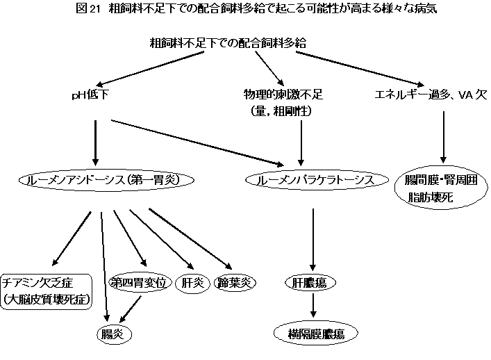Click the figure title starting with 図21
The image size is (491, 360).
coord(245,9)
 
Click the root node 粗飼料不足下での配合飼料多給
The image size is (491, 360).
coord(228,43)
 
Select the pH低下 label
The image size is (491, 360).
coord(92,94)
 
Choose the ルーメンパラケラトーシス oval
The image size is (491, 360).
coord(315,180)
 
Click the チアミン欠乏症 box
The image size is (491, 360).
coord(47,291)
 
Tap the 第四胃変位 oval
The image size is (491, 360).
coord(138,283)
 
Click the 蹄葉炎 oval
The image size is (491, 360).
coord(235,283)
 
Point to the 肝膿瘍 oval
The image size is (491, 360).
coord(310,283)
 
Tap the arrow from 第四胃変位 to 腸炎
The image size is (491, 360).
coord(133,307)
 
